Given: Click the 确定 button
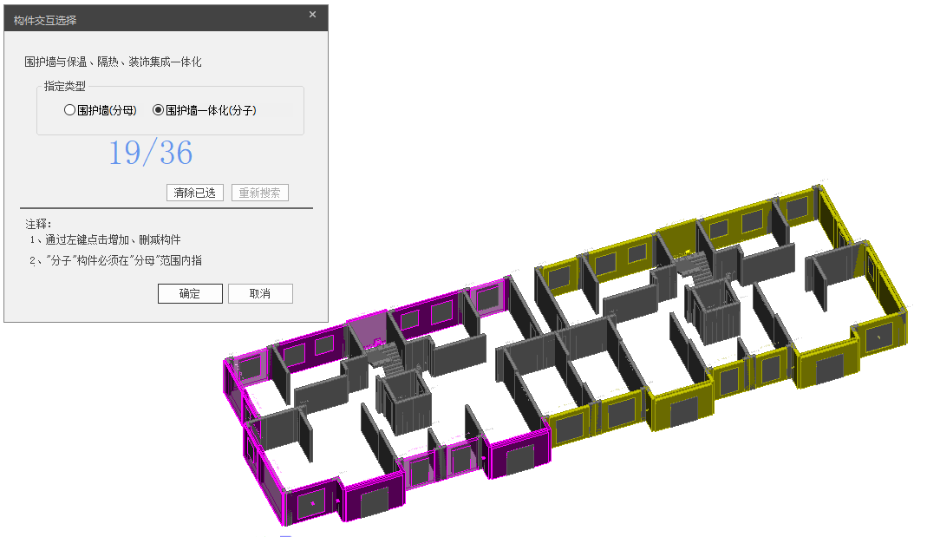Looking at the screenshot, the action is coord(190,293).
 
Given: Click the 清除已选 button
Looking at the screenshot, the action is coord(195,193).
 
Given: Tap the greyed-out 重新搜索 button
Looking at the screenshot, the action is coord(259,193).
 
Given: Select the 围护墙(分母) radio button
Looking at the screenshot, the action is coord(69,110).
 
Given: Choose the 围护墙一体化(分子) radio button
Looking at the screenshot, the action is coord(159,110).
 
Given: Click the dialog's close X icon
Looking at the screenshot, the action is coord(312,15).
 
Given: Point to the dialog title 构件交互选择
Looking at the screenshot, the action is coord(45,21).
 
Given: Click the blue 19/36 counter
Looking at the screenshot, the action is coord(151,153).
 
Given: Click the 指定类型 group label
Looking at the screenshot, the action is coord(65,87).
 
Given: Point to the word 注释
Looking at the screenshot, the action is coord(36,224).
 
